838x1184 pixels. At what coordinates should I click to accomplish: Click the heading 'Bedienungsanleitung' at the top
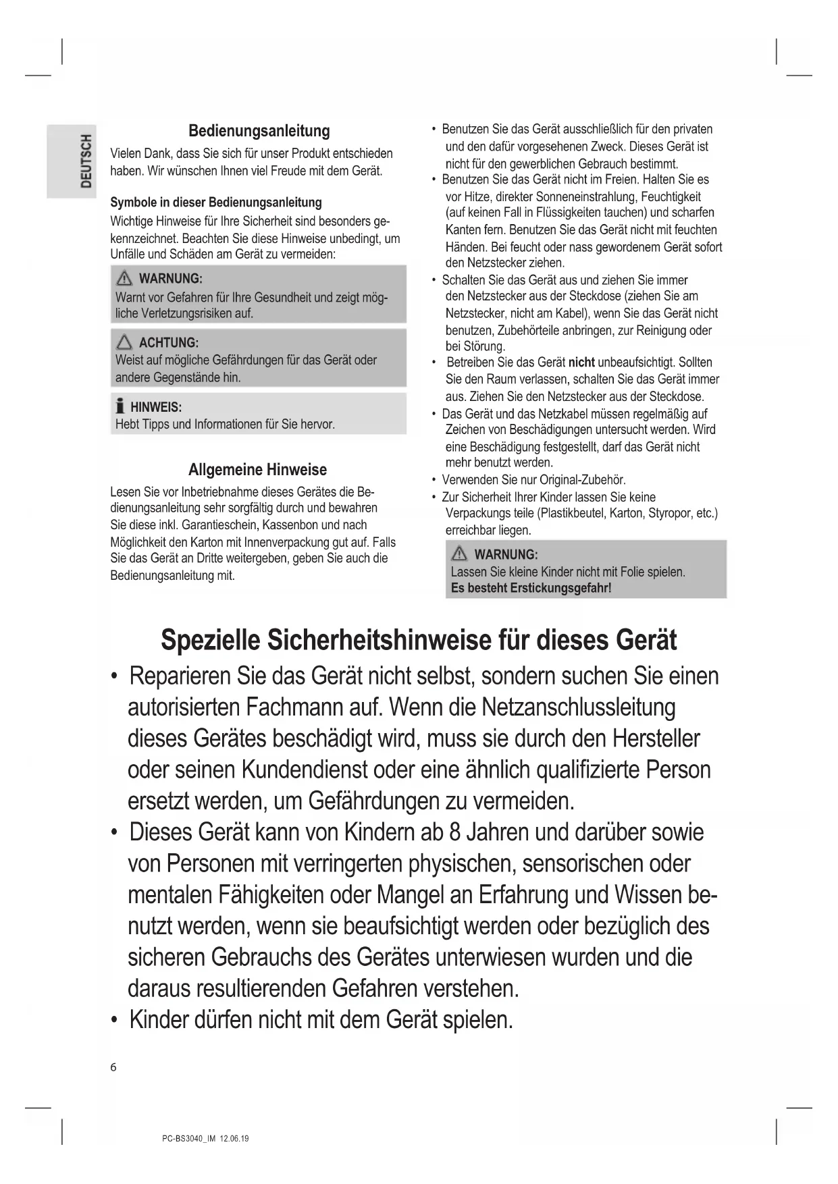tap(259, 131)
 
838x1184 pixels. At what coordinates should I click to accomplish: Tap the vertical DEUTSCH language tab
tap(86, 161)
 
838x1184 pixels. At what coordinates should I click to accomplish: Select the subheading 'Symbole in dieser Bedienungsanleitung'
tap(216, 203)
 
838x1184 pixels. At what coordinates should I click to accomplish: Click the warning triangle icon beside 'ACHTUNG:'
tap(124, 343)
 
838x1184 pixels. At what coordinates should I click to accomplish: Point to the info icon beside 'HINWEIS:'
tap(120, 406)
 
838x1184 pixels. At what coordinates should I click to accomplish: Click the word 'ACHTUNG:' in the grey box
tap(169, 343)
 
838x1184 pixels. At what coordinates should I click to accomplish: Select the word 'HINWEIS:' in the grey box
tap(156, 407)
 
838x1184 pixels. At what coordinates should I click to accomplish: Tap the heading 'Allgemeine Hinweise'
tap(257, 470)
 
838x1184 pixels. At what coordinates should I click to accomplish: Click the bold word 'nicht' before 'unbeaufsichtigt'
tap(581, 362)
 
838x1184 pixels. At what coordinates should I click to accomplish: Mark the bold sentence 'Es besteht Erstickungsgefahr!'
tap(531, 588)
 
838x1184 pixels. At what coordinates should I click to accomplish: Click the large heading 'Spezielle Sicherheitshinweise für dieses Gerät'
tap(419, 640)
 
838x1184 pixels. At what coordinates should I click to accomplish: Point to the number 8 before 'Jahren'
tap(454, 832)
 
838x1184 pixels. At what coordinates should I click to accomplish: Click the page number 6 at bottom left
tap(113, 1067)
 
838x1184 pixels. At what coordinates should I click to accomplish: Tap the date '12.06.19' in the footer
tap(234, 1139)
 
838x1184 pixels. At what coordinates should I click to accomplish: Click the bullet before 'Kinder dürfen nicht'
tap(115, 1020)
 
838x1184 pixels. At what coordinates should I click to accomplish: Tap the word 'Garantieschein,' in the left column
tap(219, 525)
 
